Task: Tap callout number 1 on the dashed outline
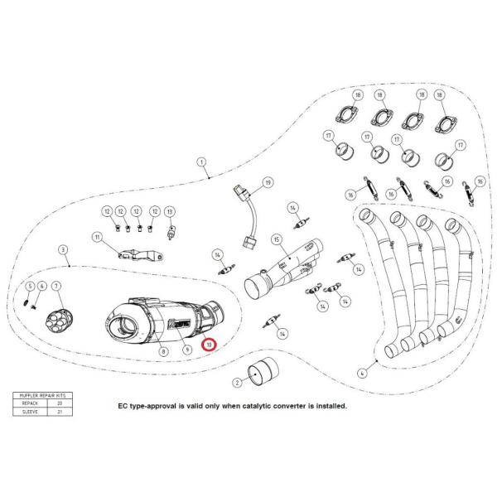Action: coord(201,163)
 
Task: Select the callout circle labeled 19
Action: coord(268,181)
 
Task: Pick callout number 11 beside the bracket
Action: coord(96,239)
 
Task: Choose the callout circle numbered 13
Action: coord(170,212)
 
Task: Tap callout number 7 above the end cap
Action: coord(56,287)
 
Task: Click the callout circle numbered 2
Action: coord(236,382)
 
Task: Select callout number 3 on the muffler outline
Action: coord(62,248)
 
